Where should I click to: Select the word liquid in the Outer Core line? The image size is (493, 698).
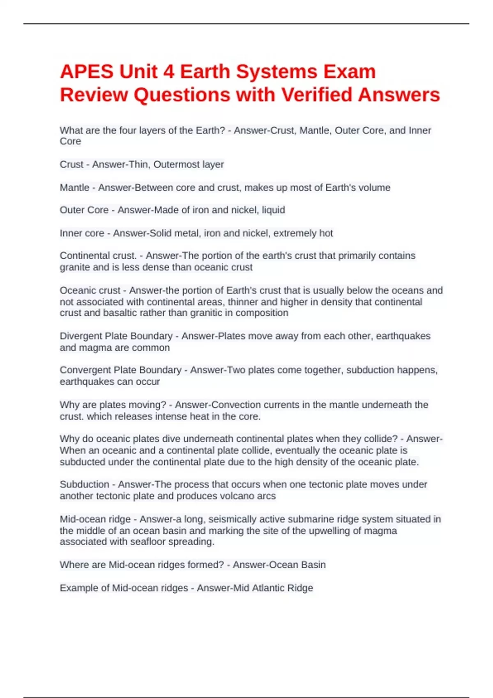point(273,210)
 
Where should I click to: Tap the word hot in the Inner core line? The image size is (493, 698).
point(326,233)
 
